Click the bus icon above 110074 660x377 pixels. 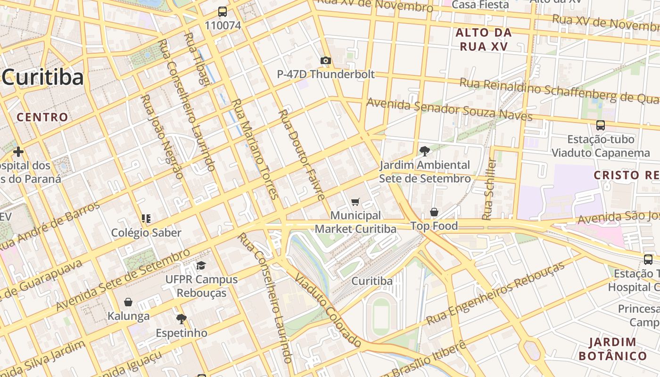(x=222, y=12)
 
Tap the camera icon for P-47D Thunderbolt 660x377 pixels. (x=325, y=60)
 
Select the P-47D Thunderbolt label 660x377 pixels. (x=325, y=74)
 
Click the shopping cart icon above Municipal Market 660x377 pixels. (x=355, y=202)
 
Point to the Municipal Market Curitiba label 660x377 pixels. (x=355, y=222)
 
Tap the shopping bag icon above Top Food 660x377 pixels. (x=434, y=213)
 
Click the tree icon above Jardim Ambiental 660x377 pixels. (x=424, y=151)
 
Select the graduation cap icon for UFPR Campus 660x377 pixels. (x=201, y=265)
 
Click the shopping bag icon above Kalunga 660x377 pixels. (x=128, y=302)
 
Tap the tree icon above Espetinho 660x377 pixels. (x=181, y=319)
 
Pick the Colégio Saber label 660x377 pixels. (x=146, y=233)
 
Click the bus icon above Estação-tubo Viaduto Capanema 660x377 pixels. (x=601, y=125)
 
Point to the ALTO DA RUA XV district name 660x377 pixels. (x=483, y=40)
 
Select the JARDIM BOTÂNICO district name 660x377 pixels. (x=613, y=349)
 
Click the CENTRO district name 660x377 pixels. (x=43, y=117)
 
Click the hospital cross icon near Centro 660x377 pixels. (x=18, y=152)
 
